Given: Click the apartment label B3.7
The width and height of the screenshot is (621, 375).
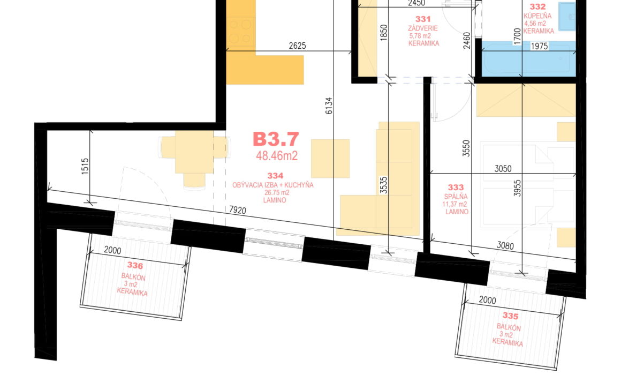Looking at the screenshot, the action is (276, 139).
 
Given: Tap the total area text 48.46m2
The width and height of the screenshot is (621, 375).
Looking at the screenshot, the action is (276, 156).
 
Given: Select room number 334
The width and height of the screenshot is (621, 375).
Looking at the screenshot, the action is (275, 176).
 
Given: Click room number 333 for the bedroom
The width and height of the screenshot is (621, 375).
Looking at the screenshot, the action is (456, 187).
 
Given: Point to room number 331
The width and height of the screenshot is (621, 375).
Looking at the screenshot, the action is (423, 19).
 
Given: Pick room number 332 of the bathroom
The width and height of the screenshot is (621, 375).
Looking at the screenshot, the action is (537, 7).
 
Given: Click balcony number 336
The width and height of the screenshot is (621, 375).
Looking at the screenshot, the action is (135, 265).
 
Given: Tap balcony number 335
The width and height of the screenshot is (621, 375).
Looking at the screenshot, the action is (510, 316).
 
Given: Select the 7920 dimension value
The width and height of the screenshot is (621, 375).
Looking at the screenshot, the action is (238, 209).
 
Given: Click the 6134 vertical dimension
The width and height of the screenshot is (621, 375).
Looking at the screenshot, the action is (329, 106).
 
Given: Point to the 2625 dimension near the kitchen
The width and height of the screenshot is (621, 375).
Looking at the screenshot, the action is (297, 46).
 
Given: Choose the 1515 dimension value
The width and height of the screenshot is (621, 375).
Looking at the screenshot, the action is (85, 167).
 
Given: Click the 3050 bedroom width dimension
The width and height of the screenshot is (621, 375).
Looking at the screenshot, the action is (503, 169).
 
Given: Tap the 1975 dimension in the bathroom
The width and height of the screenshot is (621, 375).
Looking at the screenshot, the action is (539, 47).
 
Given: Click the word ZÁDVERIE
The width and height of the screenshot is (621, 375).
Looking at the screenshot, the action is (423, 28).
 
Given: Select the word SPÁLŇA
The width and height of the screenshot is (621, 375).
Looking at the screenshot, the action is (456, 197).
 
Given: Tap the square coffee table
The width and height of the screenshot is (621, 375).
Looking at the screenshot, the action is (330, 159).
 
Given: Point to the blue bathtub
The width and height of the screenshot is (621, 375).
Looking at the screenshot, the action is (529, 59).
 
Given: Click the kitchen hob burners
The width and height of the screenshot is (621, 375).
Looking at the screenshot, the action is (241, 31).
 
